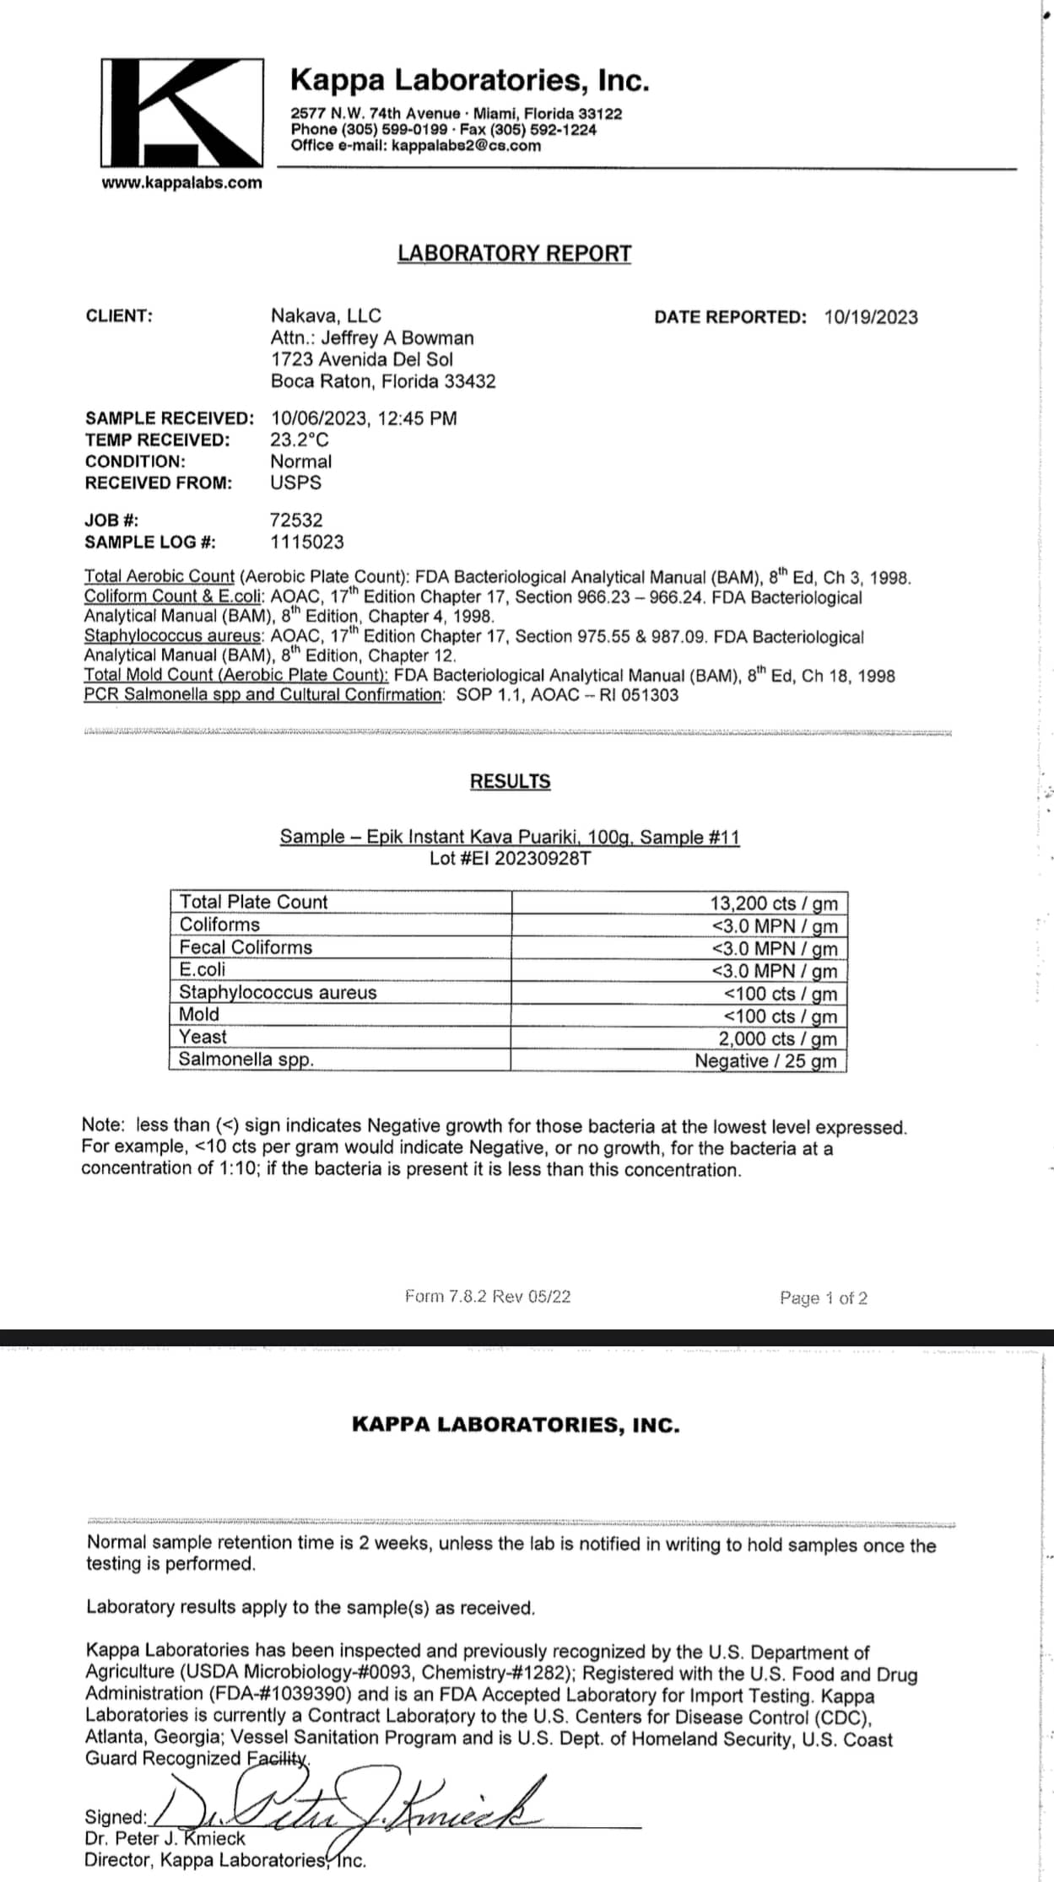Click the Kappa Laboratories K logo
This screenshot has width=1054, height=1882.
(181, 112)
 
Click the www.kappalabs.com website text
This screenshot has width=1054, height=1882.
(181, 183)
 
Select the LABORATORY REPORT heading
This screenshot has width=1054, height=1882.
(514, 253)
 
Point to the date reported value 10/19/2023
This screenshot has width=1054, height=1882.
(871, 317)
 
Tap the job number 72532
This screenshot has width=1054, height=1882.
(296, 520)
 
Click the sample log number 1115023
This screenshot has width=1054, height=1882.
(307, 542)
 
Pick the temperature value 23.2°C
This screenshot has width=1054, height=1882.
(300, 439)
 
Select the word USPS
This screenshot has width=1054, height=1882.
(295, 483)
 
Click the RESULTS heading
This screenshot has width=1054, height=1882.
(510, 781)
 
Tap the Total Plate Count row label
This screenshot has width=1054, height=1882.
(253, 902)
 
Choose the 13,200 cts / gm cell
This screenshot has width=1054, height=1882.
(773, 903)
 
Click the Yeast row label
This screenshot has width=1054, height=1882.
(203, 1037)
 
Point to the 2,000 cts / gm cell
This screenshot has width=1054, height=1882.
(777, 1038)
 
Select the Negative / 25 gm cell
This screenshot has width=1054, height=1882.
(765, 1060)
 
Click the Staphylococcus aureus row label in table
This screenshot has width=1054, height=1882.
(278, 992)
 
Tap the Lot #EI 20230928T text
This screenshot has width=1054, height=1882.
(510, 859)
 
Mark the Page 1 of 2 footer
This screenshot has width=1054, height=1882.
(823, 1297)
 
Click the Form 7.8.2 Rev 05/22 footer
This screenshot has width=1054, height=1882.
(488, 1296)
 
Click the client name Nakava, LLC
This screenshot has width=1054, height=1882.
(326, 315)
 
